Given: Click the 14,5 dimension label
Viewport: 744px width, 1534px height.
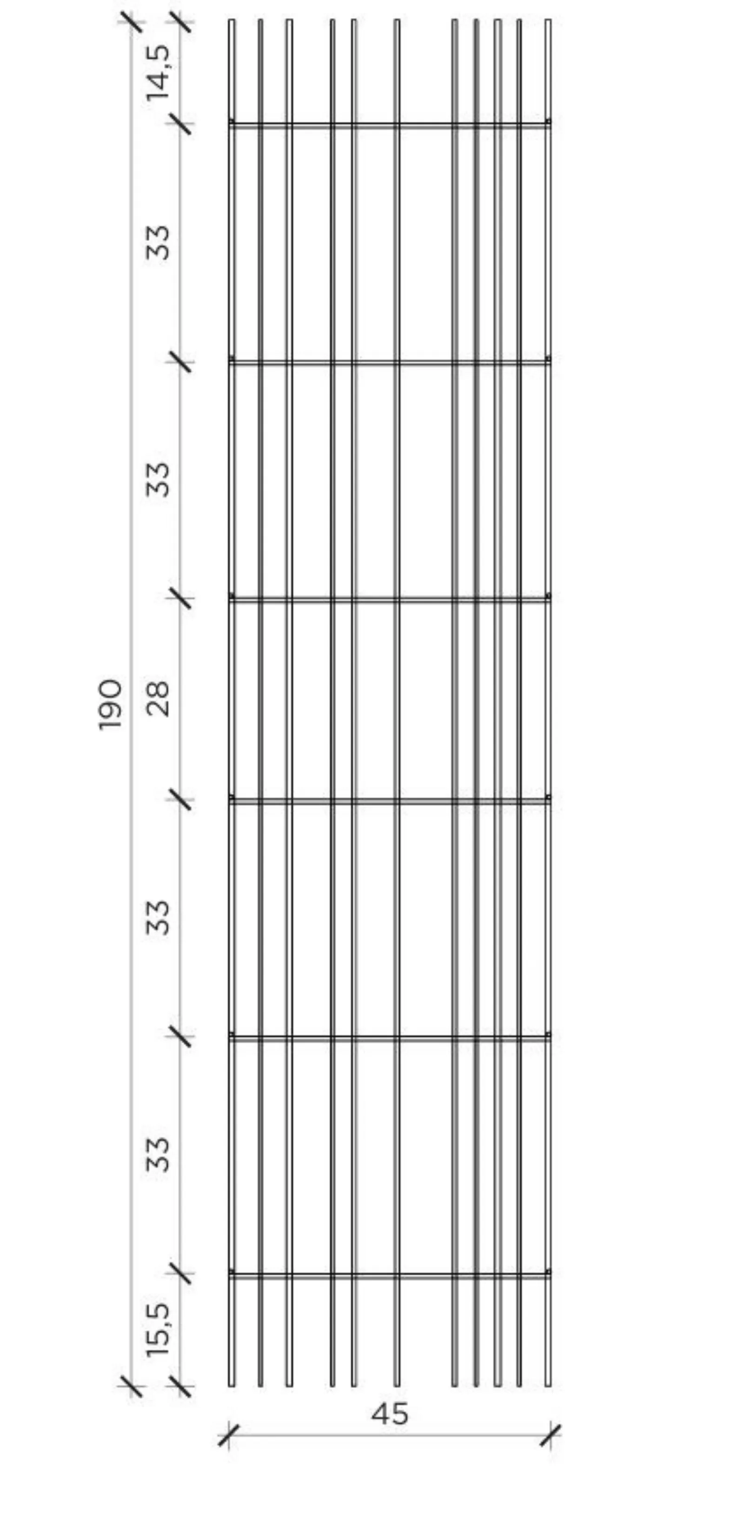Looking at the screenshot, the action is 158,73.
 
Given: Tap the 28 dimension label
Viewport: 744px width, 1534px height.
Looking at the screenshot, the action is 158,699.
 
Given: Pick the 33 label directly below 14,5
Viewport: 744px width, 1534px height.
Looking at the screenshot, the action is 158,242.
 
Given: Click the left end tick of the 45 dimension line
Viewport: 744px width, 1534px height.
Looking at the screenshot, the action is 229,1435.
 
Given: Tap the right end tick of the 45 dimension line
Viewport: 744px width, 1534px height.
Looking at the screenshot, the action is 551,1435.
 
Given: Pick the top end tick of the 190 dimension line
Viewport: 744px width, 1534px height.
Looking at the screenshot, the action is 132,22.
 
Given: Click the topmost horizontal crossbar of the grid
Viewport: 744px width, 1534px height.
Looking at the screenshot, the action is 390,125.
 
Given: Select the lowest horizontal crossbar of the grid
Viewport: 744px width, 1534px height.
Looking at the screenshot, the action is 390,1274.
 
